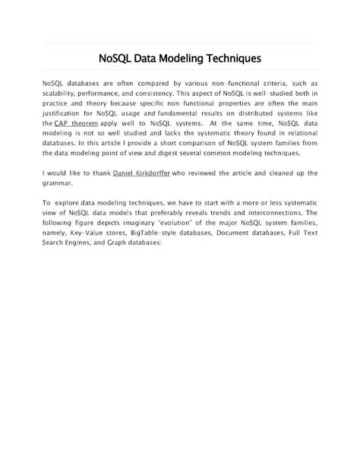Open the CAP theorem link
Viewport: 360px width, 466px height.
point(76,122)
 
